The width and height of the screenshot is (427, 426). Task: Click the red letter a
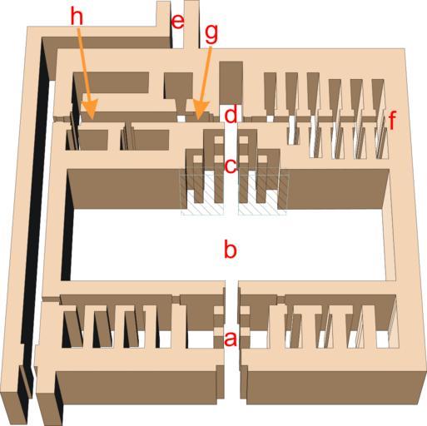pos(231,339)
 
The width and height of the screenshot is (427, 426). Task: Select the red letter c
pos(231,166)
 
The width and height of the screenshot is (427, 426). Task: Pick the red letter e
pos(178,22)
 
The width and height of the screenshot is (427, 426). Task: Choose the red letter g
pos(211,34)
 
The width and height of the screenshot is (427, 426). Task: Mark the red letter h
pos(77,17)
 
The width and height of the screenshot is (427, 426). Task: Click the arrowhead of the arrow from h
pos(90,109)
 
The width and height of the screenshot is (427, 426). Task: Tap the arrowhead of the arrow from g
pos(201,110)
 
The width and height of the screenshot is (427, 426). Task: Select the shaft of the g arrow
pos(206,74)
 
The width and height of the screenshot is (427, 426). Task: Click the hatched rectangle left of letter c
pos(202,195)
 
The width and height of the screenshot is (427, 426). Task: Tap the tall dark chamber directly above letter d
pos(231,83)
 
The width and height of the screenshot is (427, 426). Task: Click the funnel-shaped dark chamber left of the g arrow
pos(179,92)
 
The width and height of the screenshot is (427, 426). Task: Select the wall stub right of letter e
pos(192,25)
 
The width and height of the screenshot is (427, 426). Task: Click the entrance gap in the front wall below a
pos(232,383)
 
